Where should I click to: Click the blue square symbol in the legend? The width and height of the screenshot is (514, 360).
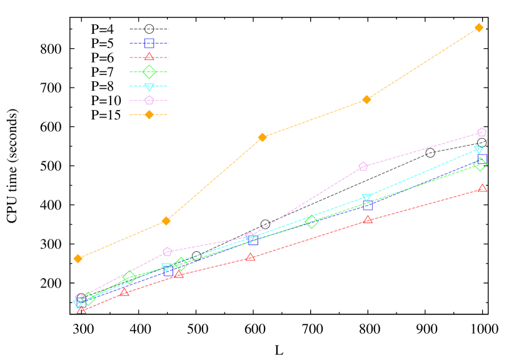tap(149, 43)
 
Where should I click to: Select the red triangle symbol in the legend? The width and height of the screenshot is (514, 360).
tap(149, 57)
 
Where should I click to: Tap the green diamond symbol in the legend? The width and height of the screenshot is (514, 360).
tap(149, 72)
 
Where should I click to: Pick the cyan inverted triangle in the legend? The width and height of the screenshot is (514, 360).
tap(149, 87)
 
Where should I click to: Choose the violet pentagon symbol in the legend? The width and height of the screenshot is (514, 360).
tap(149, 100)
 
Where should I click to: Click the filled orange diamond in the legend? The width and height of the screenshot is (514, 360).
tap(149, 114)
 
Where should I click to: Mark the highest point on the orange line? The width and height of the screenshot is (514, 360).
tap(479, 27)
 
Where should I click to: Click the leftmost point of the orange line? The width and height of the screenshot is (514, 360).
tap(78, 258)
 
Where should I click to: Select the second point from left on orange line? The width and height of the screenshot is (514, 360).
tap(166, 221)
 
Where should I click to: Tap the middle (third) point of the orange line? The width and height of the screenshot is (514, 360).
tap(263, 137)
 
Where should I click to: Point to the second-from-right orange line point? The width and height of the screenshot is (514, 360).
tap(366, 99)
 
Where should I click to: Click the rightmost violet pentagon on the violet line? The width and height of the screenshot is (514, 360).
tap(481, 132)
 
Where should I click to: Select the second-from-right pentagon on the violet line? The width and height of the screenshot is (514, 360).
tap(363, 166)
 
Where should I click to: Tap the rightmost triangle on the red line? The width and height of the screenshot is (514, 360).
tap(482, 187)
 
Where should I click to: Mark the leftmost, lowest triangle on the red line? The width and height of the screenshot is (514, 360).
tap(81, 309)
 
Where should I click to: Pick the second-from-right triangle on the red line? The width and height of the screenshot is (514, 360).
tap(368, 219)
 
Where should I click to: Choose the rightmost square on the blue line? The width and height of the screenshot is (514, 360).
tap(482, 159)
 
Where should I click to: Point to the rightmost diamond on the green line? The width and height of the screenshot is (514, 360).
tap(480, 164)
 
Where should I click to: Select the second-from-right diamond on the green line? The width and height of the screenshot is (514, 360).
tap(311, 221)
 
